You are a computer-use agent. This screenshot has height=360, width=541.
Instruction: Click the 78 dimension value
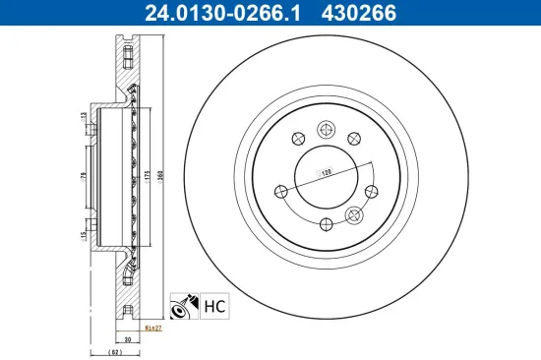click(x=83, y=177)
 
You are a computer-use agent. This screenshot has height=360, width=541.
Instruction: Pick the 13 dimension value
click(x=83, y=118)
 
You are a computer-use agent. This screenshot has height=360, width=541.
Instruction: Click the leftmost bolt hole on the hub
click(x=278, y=191)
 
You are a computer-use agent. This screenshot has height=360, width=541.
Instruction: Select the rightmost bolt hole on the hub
click(x=371, y=193)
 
